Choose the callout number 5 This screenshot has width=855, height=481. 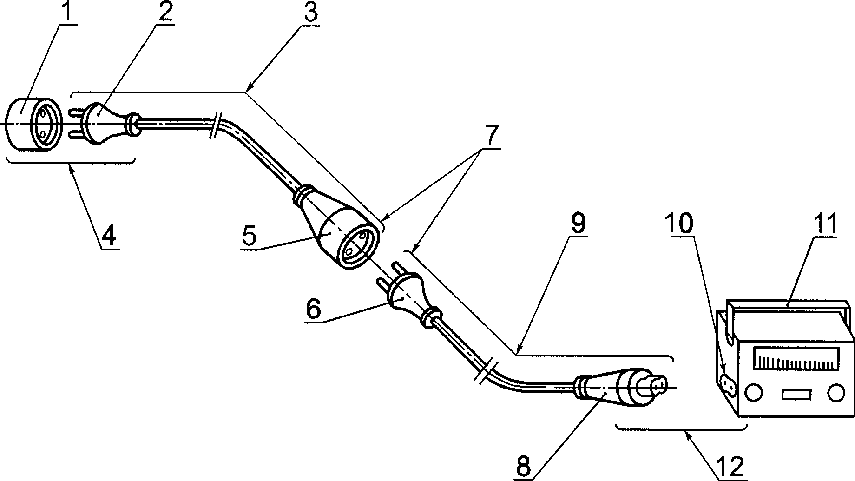point(249,236)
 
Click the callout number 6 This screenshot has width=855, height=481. point(314,310)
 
